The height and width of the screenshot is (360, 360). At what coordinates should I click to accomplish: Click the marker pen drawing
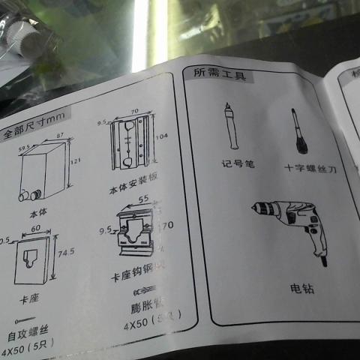click(x=229, y=129)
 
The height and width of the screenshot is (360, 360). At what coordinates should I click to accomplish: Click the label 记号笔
click(x=238, y=163)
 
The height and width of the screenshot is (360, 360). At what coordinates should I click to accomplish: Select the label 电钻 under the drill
click(x=302, y=288)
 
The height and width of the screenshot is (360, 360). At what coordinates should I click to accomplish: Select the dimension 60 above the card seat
click(x=35, y=228)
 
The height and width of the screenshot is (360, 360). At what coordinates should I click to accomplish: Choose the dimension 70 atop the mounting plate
click(x=135, y=111)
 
